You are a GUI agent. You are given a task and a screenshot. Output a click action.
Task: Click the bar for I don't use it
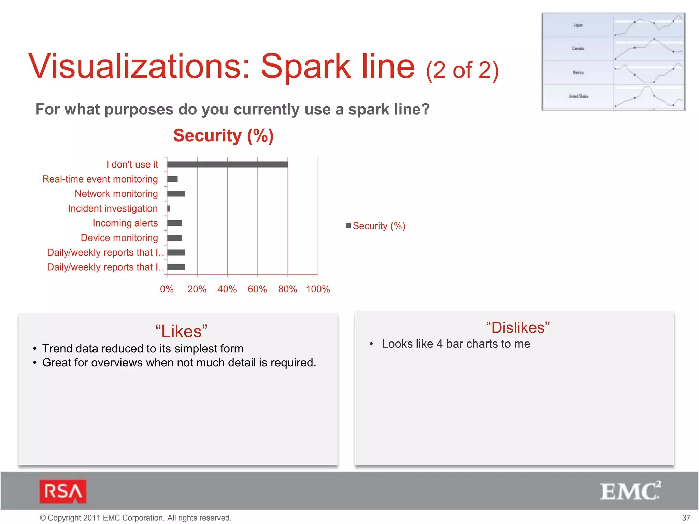(227, 164)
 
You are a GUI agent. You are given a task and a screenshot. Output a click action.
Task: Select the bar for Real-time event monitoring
(172, 179)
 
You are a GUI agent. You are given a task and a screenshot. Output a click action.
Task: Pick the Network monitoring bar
(176, 194)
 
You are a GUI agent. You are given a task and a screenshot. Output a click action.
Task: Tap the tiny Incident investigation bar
(169, 208)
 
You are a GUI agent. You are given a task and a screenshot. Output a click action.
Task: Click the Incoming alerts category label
(125, 223)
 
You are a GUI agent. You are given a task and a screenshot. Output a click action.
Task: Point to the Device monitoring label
(119, 238)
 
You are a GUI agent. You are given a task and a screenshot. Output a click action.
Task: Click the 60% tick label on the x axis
(257, 289)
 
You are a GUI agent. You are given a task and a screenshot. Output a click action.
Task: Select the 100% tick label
(318, 289)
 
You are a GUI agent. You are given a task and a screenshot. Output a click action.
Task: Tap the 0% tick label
(167, 289)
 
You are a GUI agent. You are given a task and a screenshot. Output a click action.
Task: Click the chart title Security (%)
(224, 135)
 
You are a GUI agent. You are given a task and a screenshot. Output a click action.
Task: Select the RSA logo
(63, 492)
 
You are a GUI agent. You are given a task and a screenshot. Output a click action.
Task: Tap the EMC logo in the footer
(630, 492)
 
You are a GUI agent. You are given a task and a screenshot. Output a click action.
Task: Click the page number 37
(686, 518)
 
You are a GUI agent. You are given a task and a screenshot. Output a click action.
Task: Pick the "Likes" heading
(181, 331)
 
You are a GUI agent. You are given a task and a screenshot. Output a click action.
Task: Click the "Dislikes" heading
(518, 327)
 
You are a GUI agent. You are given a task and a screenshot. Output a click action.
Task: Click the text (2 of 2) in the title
(462, 70)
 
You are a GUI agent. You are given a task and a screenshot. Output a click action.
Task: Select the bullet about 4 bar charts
(456, 344)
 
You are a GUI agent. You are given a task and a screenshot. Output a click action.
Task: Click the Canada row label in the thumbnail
(578, 48)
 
